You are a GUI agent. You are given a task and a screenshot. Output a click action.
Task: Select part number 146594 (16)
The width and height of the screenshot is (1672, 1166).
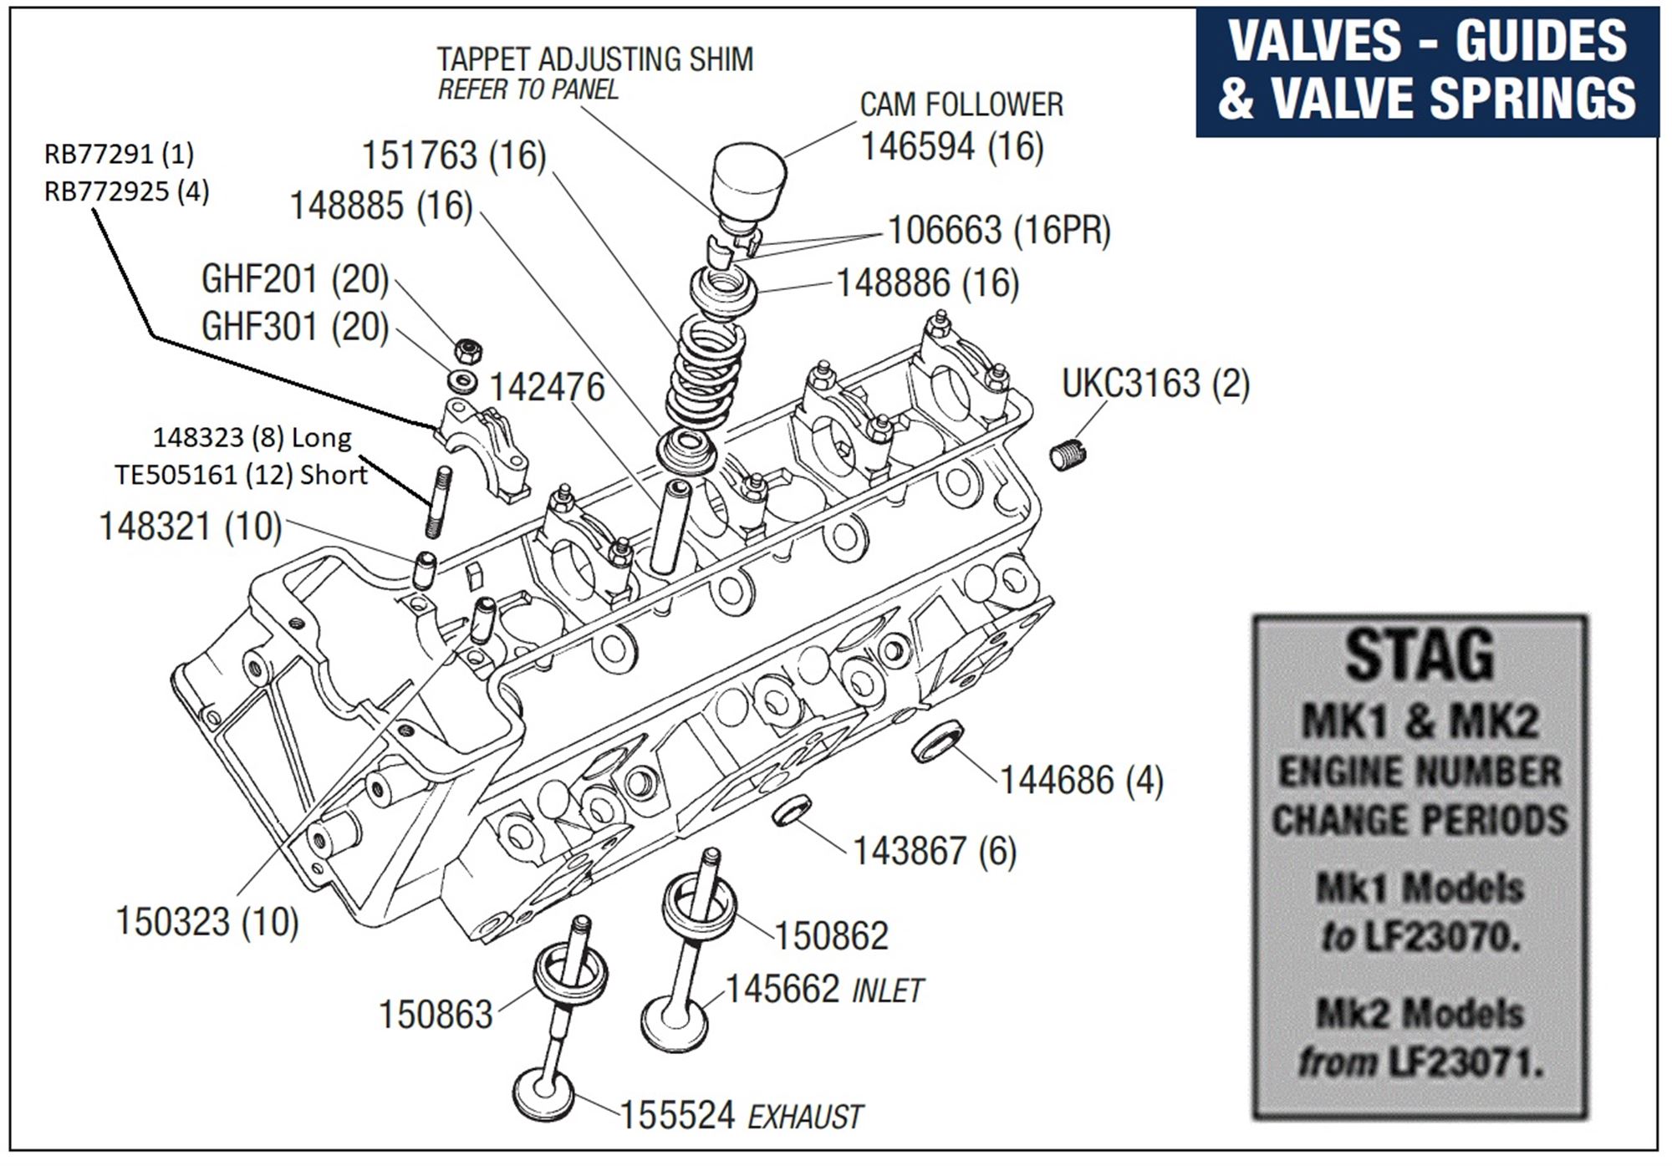tap(951, 147)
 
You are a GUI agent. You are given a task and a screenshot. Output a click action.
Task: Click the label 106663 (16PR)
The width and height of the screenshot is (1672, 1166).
tap(998, 231)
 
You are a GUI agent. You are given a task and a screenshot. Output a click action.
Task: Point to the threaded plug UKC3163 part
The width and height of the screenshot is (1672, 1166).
tap(1068, 457)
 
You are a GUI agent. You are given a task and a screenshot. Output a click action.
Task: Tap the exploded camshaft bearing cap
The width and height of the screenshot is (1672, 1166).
tap(482, 447)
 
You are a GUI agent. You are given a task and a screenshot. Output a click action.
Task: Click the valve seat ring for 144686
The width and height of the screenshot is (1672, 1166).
tap(936, 743)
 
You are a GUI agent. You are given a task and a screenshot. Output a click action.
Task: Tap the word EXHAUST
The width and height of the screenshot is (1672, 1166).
tap(804, 1118)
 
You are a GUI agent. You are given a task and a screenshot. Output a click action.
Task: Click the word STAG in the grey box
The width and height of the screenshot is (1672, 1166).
tap(1419, 655)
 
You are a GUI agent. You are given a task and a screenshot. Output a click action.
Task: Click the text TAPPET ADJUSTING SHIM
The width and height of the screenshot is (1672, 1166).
tap(594, 59)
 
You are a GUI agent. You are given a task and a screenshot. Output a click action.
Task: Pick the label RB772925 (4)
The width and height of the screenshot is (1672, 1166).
tap(126, 191)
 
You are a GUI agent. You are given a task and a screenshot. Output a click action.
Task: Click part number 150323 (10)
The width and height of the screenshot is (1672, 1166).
tap(206, 922)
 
